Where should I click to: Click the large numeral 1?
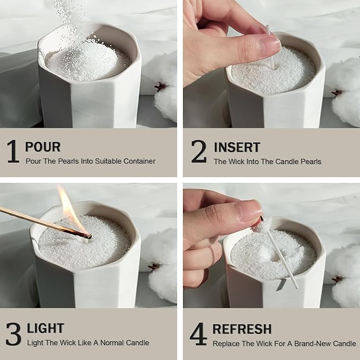click(13, 151)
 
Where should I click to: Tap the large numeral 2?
click(199, 151)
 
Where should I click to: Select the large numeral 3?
click(13, 333)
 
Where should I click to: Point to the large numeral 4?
click(198, 333)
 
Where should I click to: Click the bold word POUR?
click(42, 147)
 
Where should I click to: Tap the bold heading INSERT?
click(236, 147)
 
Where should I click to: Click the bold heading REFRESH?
click(242, 329)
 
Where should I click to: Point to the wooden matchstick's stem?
click(37, 221)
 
